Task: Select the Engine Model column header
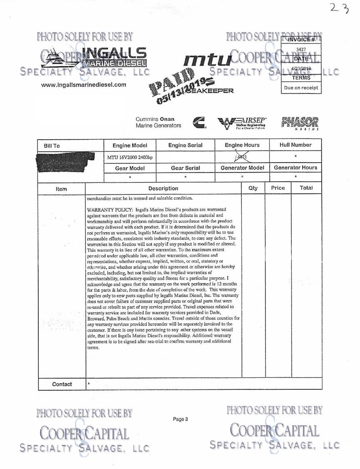pyautogui.click(x=130, y=145)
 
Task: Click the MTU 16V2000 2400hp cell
pyautogui.click(x=130, y=157)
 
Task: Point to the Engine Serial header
pyautogui.click(x=185, y=145)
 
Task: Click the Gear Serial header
pyautogui.click(x=185, y=168)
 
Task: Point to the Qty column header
pyautogui.click(x=253, y=188)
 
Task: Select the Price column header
pyautogui.click(x=278, y=188)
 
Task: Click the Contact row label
pyautogui.click(x=62, y=384)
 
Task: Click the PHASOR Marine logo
pyautogui.click(x=302, y=124)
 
